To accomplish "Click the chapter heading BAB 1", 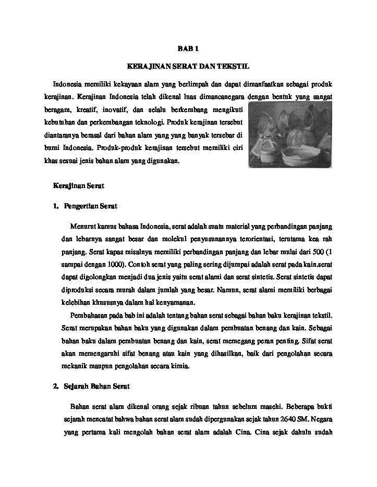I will coord(188,49).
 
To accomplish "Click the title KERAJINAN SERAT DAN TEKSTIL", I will coord(188,67).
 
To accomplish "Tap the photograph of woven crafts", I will coord(290,135).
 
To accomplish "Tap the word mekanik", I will coord(75,366).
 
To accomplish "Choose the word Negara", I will coord(319,418).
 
